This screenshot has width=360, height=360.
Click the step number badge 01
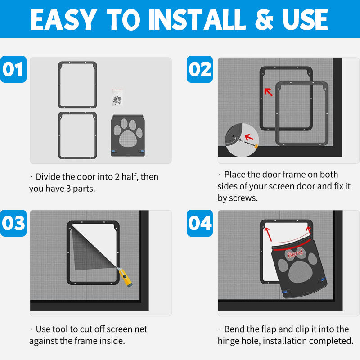pyautogui.click(x=13, y=69)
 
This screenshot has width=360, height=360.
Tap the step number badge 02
pyautogui.click(x=200, y=69)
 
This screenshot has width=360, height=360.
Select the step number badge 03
pyautogui.click(x=13, y=223)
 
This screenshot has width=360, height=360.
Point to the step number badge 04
pyautogui.click(x=200, y=223)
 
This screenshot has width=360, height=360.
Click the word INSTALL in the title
pyautogui.click(x=197, y=20)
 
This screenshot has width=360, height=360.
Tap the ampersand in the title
pyautogui.click(x=264, y=20)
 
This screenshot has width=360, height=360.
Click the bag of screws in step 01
pyautogui.click(x=117, y=97)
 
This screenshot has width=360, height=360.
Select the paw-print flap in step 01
pyautogui.click(x=128, y=135)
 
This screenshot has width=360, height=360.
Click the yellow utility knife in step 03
pyautogui.click(x=125, y=277)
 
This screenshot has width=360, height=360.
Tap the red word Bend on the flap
pyautogui.click(x=295, y=253)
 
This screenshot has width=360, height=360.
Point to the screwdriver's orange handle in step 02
pyautogui.click(x=256, y=145)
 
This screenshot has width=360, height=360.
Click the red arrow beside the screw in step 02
pyautogui.click(x=249, y=138)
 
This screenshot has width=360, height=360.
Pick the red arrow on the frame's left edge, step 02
pyautogui.click(x=268, y=92)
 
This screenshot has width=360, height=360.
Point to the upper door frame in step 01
pyautogui.click(x=77, y=63)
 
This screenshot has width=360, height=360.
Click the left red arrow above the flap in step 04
pyautogui.click(x=268, y=234)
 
